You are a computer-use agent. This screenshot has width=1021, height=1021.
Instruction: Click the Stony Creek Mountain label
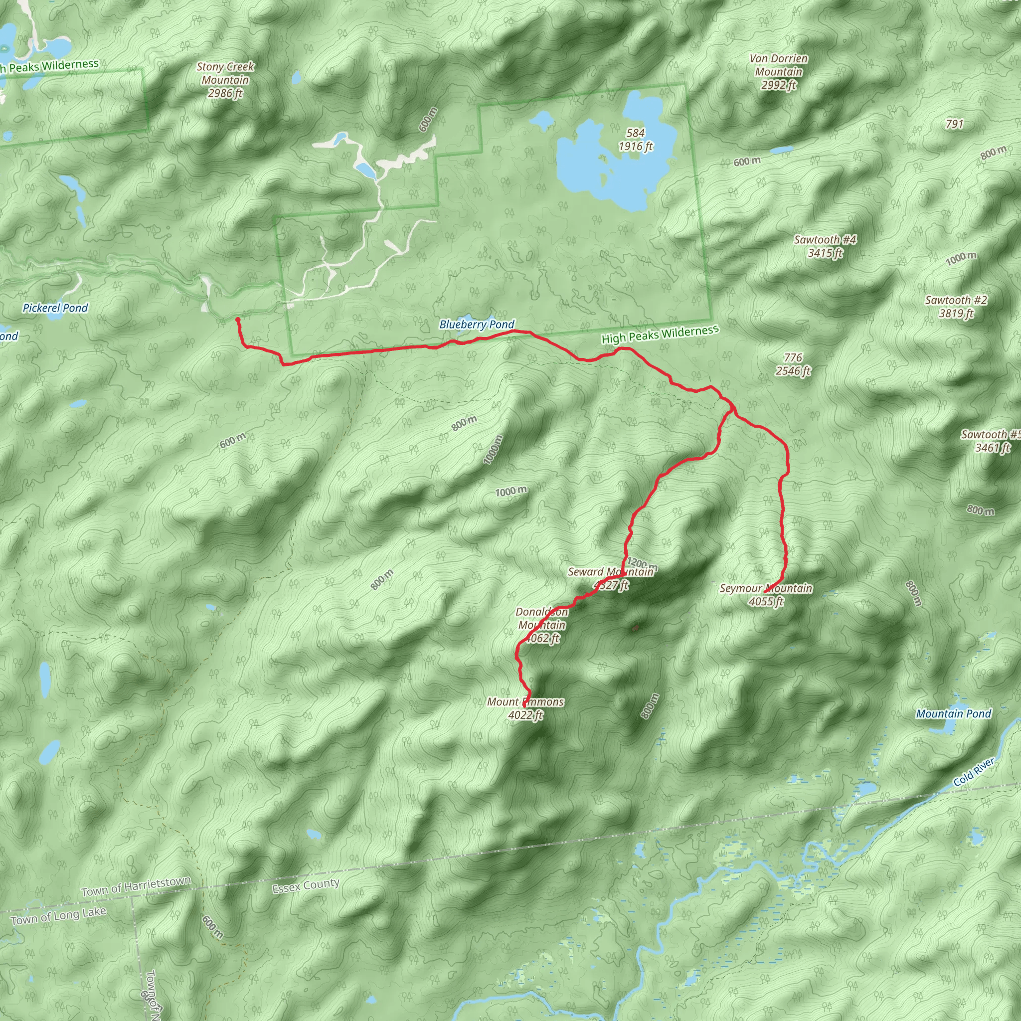[225, 80]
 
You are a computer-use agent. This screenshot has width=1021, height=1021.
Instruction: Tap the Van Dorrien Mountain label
[778, 72]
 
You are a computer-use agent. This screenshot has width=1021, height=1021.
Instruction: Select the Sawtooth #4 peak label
[825, 246]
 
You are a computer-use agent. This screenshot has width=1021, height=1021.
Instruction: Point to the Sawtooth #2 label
[956, 307]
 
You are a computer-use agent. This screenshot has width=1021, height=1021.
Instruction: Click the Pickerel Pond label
[55, 308]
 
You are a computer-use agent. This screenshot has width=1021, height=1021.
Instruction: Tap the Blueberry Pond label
[477, 325]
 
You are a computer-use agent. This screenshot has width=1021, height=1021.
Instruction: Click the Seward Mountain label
[611, 578]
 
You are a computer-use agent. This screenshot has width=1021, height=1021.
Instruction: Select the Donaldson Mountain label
[542, 625]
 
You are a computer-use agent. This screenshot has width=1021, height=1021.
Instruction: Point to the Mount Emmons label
[525, 708]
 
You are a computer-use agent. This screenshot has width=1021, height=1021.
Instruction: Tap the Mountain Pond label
[953, 714]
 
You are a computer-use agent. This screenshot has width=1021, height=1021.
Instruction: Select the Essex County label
[306, 886]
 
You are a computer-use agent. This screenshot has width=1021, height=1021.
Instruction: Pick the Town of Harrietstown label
[136, 886]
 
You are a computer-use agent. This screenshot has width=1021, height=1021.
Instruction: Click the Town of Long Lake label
[58, 916]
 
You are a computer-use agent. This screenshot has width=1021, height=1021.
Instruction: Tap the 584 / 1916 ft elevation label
[636, 140]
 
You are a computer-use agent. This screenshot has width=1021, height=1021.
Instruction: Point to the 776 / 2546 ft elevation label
[793, 364]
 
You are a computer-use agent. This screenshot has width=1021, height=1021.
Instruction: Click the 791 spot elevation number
[954, 124]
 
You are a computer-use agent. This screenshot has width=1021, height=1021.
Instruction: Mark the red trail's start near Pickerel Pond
[237, 320]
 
